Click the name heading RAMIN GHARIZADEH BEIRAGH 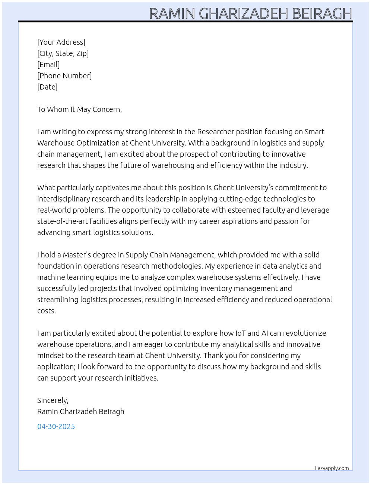point(250,13)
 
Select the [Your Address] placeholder point(61,42)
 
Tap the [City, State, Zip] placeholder point(63,53)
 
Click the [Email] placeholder point(48,65)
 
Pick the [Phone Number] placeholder point(64,76)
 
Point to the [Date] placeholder point(47,87)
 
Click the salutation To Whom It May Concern point(79,109)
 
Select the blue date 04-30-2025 point(56,426)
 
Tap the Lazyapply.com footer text point(332,468)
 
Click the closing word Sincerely point(53,400)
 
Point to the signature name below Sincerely point(80,412)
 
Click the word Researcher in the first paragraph point(216,132)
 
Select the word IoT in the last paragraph point(240,333)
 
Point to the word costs point(46,311)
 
